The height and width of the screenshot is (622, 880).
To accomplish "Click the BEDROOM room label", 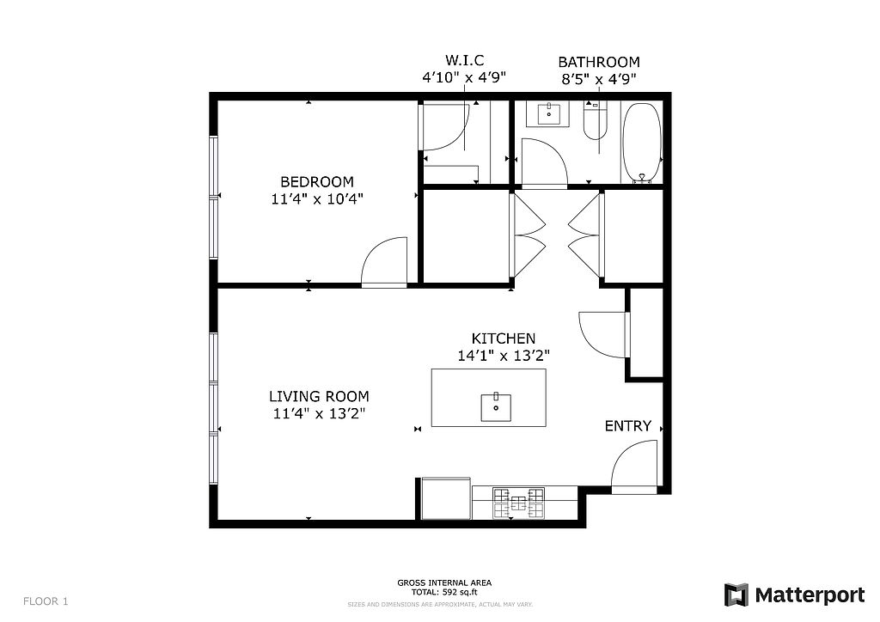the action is point(317,182).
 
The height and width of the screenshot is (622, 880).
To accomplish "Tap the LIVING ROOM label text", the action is point(319,397).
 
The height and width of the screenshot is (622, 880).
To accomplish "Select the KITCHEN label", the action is point(504,338).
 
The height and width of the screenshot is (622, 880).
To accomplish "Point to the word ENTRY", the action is point(628,426).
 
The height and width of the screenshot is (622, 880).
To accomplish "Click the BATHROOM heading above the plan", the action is point(599,62).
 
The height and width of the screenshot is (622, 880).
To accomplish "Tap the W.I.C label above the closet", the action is point(465,60).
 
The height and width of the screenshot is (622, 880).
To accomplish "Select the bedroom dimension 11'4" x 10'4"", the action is point(317,198).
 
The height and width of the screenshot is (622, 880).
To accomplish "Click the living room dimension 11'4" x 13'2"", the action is point(319,414).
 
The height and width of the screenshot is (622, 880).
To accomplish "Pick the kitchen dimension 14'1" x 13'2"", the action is point(504,356).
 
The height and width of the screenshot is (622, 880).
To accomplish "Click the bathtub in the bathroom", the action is point(641,142).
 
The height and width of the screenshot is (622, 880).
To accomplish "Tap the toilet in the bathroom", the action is point(595,120).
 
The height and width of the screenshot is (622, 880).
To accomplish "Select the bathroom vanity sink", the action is point(548,113).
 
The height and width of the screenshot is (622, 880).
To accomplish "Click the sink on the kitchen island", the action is point(496,408).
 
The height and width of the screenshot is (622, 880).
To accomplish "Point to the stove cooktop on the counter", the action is point(518,503).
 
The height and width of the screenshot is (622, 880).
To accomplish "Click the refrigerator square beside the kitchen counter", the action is point(446,498).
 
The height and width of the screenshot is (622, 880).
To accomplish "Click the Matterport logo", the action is point(794,595).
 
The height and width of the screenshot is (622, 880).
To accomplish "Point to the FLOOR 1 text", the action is point(46,601).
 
